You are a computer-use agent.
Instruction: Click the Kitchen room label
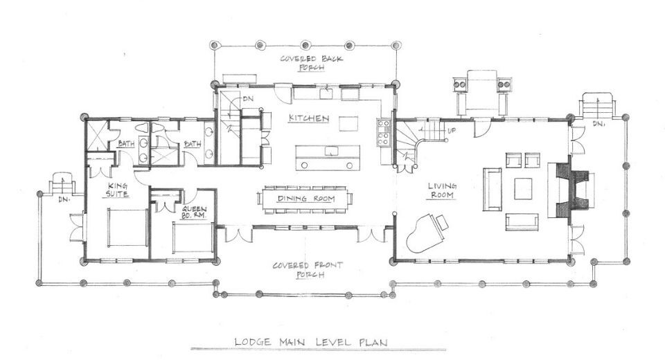309,118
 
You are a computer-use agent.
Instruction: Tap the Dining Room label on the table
305,199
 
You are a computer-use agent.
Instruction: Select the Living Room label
442,190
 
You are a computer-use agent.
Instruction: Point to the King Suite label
118,190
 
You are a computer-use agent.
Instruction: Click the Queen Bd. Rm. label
194,213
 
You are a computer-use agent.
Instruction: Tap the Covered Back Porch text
311,63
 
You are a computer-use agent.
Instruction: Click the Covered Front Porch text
308,270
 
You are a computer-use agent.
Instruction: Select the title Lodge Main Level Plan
311,342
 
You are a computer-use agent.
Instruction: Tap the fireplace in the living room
573,190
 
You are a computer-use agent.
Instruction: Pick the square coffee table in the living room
524,189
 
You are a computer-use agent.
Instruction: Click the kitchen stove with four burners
383,133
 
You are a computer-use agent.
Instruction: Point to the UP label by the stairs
452,131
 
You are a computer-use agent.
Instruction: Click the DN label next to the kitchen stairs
248,99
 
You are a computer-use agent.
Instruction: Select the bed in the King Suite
127,227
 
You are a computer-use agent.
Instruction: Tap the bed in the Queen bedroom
193,237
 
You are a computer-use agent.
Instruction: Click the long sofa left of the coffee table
493,189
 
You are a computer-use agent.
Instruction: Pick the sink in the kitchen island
332,150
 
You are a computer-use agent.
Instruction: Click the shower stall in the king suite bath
97,135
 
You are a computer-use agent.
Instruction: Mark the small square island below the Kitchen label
348,124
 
